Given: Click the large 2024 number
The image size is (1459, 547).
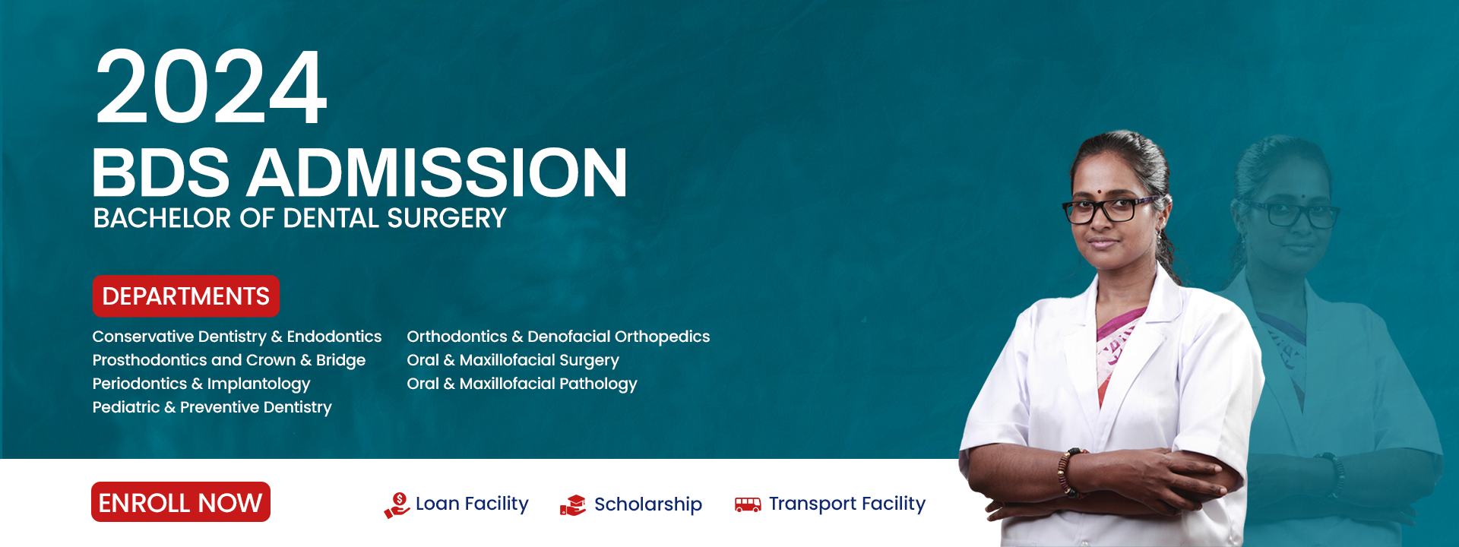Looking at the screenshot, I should pos(210,87).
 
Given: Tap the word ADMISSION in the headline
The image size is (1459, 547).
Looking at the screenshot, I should pos(437,173).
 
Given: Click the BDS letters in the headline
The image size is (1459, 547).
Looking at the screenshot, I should pos(160,173).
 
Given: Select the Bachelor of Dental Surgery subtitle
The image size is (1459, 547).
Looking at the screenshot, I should pos(299,219).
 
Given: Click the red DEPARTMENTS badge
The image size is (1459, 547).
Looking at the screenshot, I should pos(185,296).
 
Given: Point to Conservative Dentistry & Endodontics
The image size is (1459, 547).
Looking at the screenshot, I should pos(236,337).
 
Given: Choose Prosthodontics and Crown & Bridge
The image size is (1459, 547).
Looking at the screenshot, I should pos(229,360).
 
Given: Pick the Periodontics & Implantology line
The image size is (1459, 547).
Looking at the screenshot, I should pos(201,384).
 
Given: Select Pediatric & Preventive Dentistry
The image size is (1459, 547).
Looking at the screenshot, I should pos(212,407).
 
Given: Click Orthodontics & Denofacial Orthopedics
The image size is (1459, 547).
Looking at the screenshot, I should pos(558,337).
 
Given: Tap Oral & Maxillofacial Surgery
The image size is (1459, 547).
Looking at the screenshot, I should pos(513,360).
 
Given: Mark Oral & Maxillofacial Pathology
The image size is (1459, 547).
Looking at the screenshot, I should pos(521,384).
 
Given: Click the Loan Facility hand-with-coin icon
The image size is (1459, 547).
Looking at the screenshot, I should pos(397,505).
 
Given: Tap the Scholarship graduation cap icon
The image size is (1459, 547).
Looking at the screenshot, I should pos(573,505).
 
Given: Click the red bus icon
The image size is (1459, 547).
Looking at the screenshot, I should pos(748,504).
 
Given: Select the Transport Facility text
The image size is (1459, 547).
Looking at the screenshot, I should pos(847,504).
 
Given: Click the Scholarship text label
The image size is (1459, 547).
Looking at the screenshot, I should pos(647,504).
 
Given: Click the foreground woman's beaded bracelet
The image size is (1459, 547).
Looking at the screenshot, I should pos(1066,473).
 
